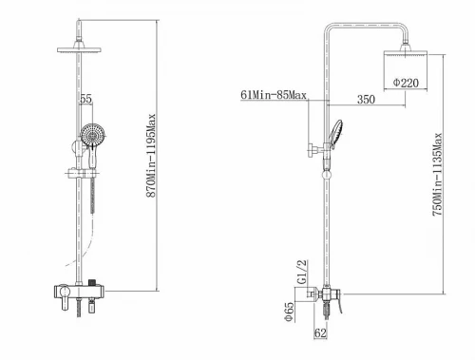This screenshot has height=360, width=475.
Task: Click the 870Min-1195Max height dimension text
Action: coord(151,156)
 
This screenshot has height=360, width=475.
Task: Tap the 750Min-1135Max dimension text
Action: coord(437,175)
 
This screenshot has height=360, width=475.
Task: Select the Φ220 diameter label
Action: coord(406,83)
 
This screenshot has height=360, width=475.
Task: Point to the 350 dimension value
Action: coord(366,100)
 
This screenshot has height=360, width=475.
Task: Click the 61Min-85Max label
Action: coord(274,95)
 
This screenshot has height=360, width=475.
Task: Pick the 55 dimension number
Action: coord(85,99)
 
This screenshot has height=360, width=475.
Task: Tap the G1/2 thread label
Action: coord(302,272)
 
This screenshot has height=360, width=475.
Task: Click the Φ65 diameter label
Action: coord(290,312)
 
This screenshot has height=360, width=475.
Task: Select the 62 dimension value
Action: coord(320,332)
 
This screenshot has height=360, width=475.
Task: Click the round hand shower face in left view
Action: coord(92,135)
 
